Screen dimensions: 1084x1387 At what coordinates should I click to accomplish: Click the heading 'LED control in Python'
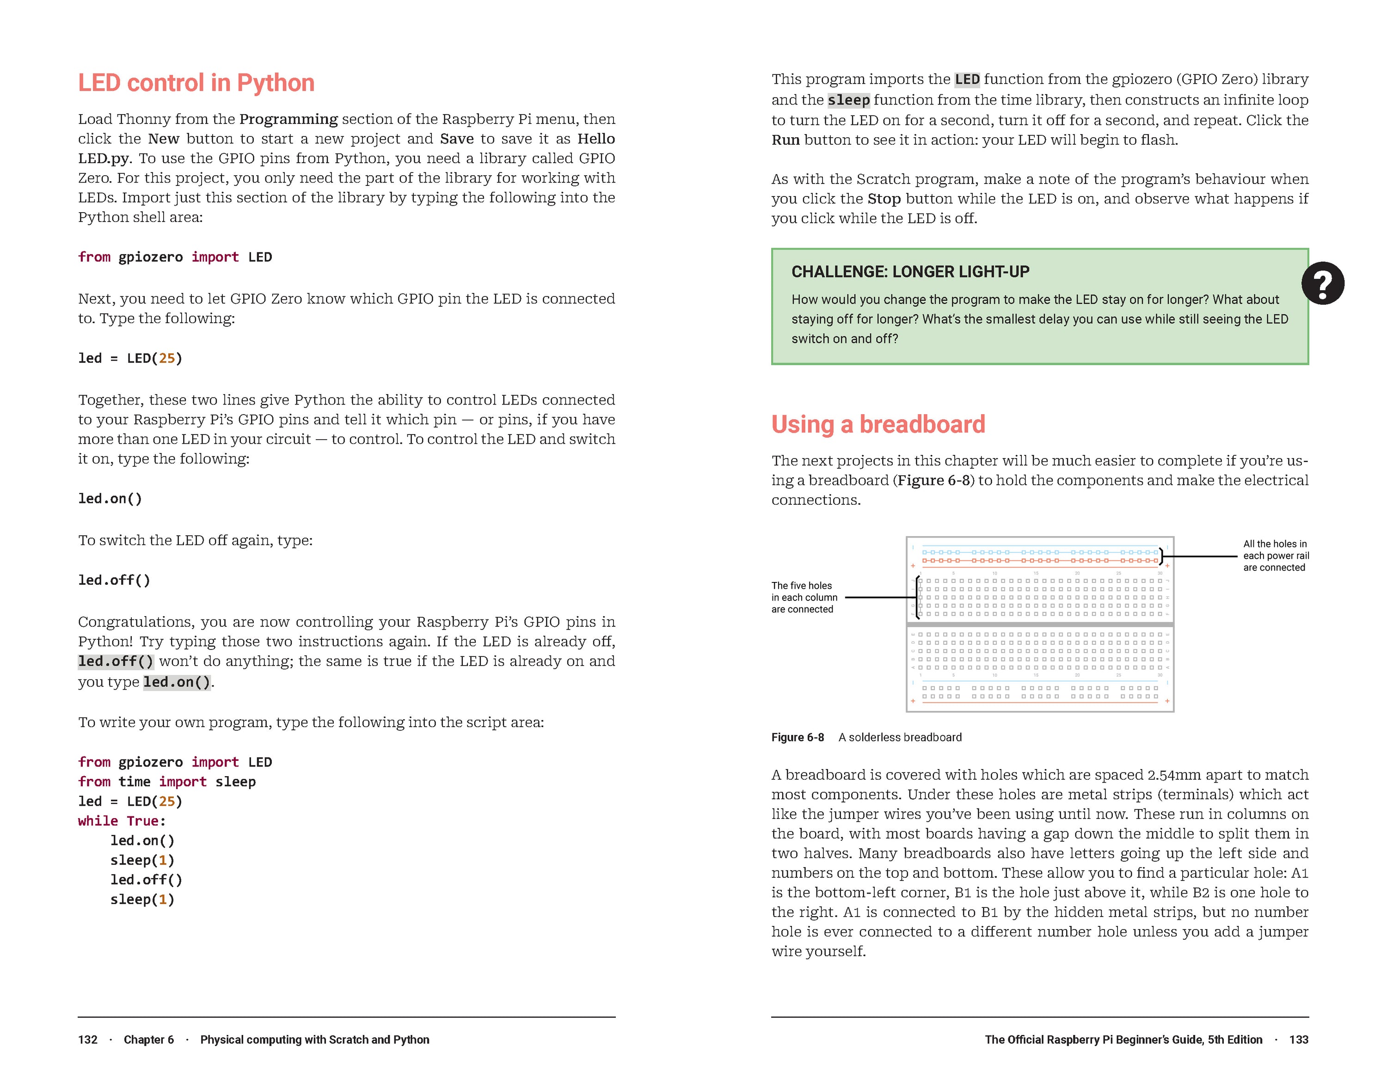click(x=196, y=83)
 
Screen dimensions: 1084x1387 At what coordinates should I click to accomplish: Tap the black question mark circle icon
click(x=1322, y=283)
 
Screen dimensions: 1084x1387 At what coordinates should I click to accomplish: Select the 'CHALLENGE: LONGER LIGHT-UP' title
click(x=910, y=272)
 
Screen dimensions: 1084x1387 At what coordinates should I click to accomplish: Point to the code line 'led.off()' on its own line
click(x=114, y=580)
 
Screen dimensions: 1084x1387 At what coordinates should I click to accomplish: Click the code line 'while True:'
click(x=122, y=821)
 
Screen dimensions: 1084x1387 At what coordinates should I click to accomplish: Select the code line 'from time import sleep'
click(x=166, y=781)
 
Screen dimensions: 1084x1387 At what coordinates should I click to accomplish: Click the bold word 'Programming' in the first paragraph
click(x=288, y=119)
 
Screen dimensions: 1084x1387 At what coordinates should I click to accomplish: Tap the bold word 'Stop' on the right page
click(x=884, y=199)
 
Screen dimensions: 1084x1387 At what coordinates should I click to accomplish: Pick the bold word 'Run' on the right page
click(x=785, y=140)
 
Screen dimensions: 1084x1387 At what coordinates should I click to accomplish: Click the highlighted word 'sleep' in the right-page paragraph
click(x=848, y=100)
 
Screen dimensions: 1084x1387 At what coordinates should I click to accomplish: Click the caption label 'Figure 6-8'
click(x=798, y=737)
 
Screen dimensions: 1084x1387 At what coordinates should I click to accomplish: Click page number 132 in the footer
click(x=88, y=1040)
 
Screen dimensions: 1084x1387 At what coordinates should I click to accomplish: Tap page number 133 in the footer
click(x=1299, y=1040)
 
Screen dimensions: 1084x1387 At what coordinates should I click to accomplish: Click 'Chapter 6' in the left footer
click(x=148, y=1040)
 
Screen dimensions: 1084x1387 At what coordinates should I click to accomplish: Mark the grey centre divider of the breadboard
click(x=1040, y=625)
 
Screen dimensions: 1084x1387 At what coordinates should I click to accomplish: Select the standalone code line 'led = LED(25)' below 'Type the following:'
click(x=130, y=358)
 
